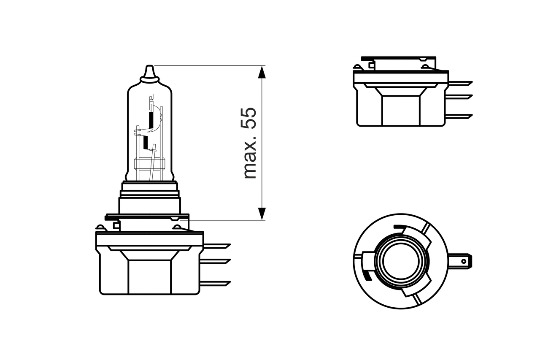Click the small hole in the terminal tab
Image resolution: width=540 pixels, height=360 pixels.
tap(464, 262)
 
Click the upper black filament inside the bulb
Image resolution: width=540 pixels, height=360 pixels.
tap(150, 120)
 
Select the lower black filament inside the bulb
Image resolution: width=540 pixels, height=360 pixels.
tap(146, 143)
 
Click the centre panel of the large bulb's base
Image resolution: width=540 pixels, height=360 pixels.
tap(149, 276)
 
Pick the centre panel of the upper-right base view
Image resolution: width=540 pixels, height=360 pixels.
tap(401, 111)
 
